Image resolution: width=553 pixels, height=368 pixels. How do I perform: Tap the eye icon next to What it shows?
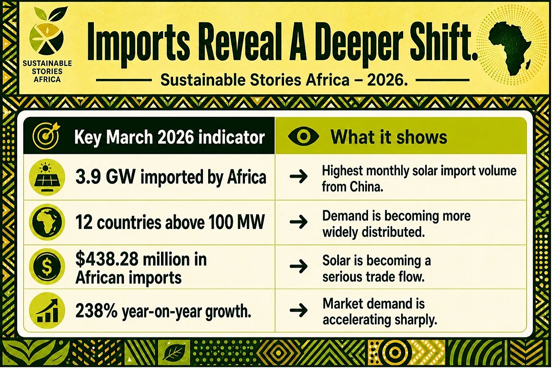click(x=303, y=136)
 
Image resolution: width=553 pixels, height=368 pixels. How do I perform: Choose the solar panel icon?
click(x=47, y=177)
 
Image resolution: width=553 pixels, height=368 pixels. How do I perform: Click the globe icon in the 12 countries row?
click(x=47, y=222)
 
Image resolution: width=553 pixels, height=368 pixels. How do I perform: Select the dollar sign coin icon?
click(x=47, y=267)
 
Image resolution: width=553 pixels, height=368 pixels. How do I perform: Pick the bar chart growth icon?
click(x=47, y=311)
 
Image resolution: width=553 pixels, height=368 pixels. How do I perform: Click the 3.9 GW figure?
click(x=105, y=177)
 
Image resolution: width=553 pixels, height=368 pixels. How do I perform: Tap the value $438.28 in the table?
click(x=107, y=259)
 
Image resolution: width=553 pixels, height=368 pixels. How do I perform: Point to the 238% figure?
click(x=97, y=311)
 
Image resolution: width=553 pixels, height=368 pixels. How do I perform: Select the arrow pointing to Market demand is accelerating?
click(x=298, y=310)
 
